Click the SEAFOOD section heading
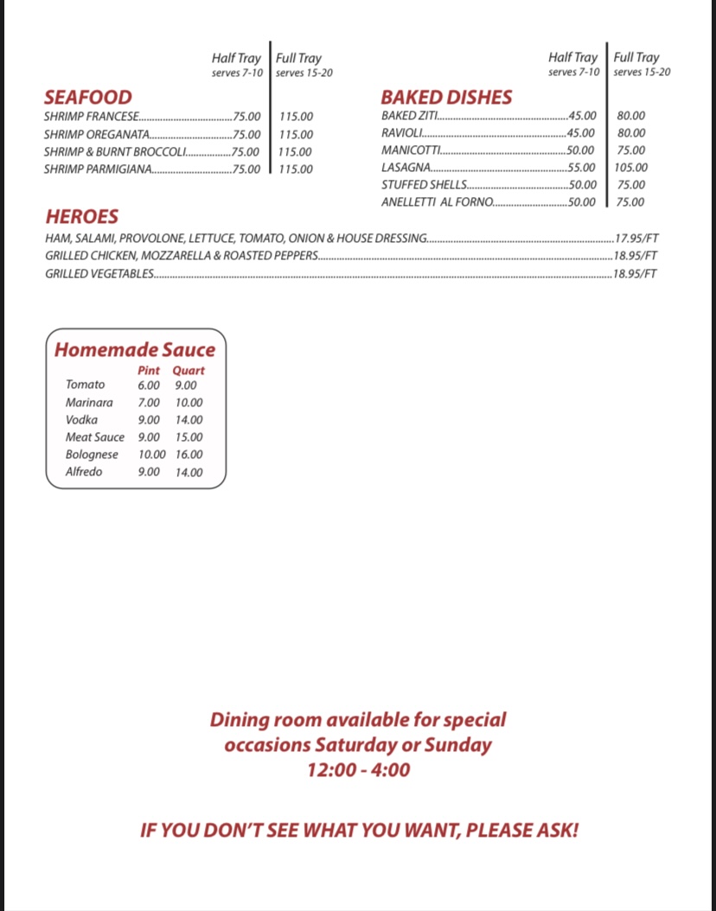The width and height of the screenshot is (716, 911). click(x=88, y=97)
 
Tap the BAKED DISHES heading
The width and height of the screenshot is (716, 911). click(x=446, y=97)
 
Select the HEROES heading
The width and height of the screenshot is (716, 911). click(x=82, y=216)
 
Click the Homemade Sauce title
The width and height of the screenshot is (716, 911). click(x=135, y=349)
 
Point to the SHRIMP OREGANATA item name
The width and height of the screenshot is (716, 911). click(x=96, y=134)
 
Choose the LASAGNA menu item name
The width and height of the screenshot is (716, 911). click(x=406, y=168)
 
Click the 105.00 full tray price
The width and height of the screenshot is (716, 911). click(x=630, y=168)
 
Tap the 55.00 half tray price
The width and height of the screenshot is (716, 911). click(x=581, y=168)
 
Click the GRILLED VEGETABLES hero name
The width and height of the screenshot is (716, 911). click(x=99, y=274)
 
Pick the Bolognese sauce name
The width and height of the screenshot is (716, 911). click(x=92, y=455)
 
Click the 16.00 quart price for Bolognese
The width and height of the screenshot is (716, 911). click(x=189, y=455)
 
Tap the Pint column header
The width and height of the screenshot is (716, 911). click(x=149, y=370)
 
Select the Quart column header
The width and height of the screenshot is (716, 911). click(x=188, y=370)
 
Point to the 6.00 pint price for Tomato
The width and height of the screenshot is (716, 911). click(x=149, y=385)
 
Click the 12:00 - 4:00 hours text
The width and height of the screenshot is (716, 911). click(x=358, y=769)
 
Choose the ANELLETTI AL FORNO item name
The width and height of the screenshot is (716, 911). click(x=437, y=202)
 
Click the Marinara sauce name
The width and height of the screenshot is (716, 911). click(x=89, y=403)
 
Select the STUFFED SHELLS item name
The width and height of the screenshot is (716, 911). click(x=424, y=185)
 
